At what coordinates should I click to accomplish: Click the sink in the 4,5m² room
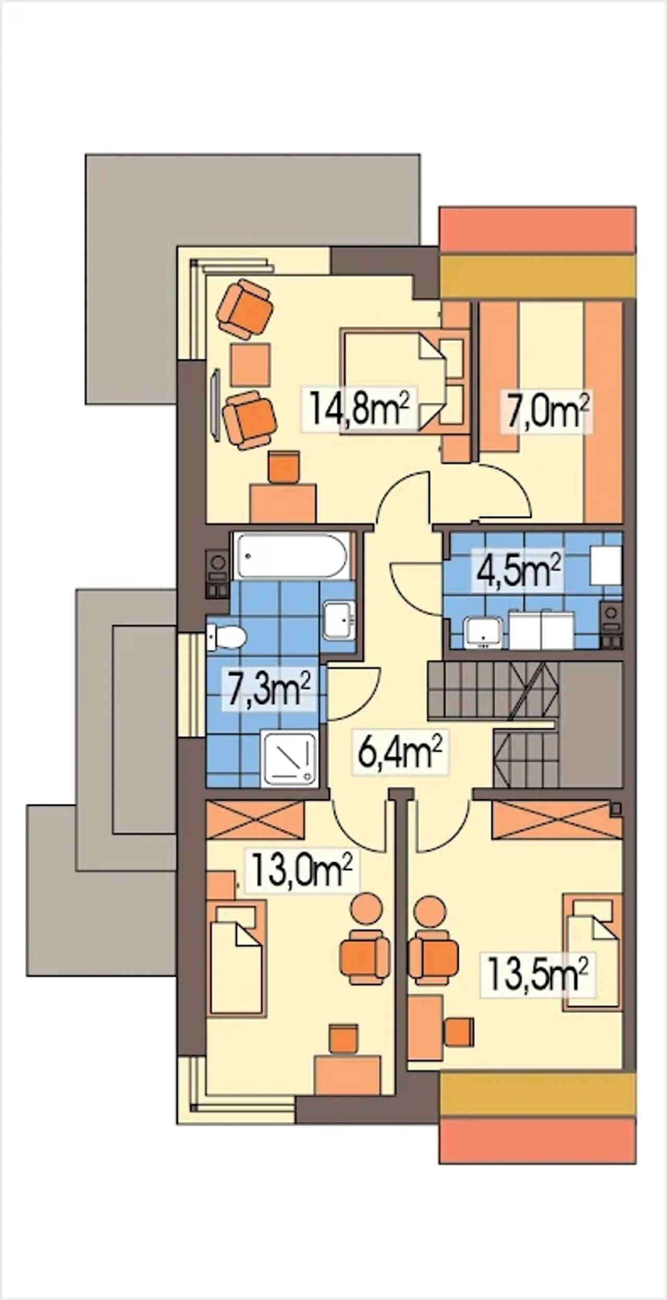pos(484,633)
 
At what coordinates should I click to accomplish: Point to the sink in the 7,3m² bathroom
pos(339,620)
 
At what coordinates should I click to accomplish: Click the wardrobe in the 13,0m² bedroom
pos(255,821)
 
